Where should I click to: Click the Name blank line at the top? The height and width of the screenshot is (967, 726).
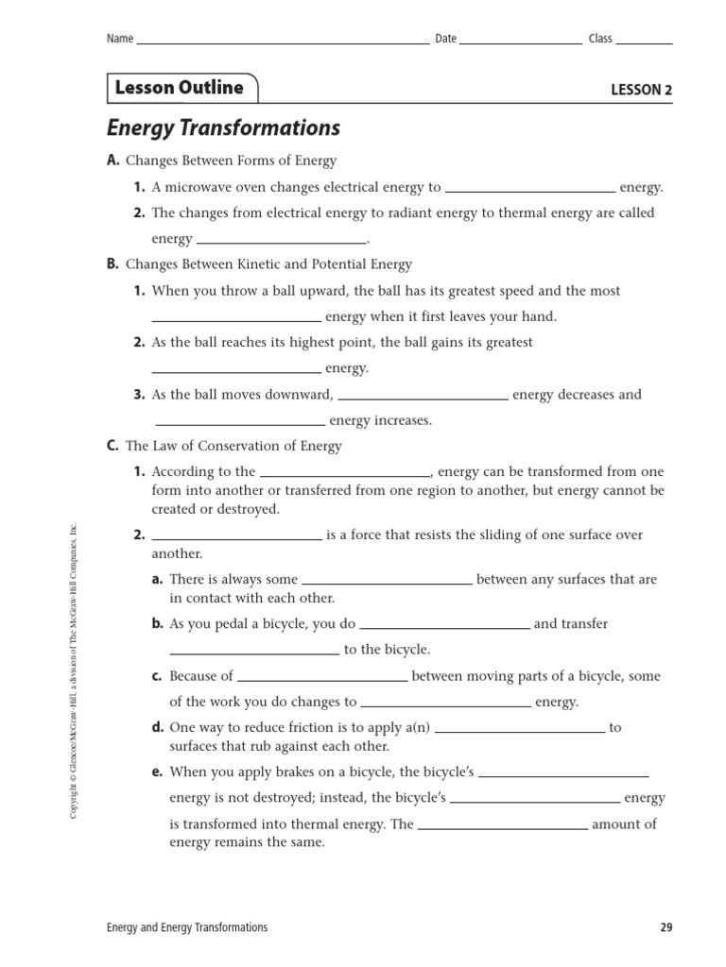tap(283, 42)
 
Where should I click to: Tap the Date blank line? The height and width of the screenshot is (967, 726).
tap(521, 42)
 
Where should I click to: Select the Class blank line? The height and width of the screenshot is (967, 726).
tap(645, 42)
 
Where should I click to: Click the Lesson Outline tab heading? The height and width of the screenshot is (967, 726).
tap(179, 88)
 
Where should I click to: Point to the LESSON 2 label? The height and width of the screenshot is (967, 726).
tap(642, 91)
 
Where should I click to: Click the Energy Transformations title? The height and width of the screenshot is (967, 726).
tap(223, 127)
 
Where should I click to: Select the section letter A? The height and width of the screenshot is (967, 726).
tap(112, 161)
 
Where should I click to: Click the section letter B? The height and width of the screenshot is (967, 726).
tap(112, 264)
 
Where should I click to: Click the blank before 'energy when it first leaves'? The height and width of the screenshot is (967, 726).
tap(236, 320)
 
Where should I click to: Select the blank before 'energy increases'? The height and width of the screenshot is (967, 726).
tap(240, 424)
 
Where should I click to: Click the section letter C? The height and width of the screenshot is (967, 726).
tap(112, 446)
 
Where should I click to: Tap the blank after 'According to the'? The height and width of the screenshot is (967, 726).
tap(345, 475)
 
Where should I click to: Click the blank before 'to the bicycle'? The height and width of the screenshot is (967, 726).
tap(254, 653)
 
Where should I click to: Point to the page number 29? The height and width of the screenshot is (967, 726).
tap(666, 927)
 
